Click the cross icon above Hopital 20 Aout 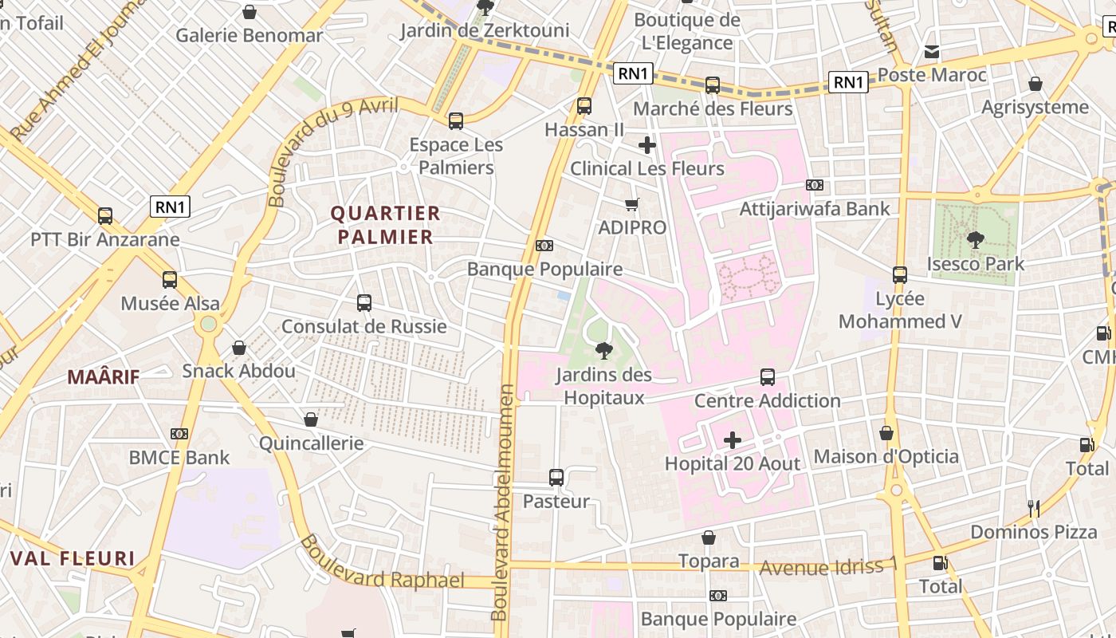732,439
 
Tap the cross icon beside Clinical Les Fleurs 647,145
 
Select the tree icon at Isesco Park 975,239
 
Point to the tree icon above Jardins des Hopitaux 604,350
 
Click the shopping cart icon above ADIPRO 632,204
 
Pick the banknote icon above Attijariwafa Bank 815,185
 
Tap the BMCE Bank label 179,458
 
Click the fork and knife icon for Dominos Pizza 1034,508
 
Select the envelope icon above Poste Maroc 931,52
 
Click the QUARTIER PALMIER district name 386,225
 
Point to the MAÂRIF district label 104,377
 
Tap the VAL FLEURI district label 73,558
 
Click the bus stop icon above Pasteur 556,478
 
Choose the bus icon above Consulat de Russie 364,303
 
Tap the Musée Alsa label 170,304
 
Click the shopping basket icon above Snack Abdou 238,348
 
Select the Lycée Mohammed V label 900,310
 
